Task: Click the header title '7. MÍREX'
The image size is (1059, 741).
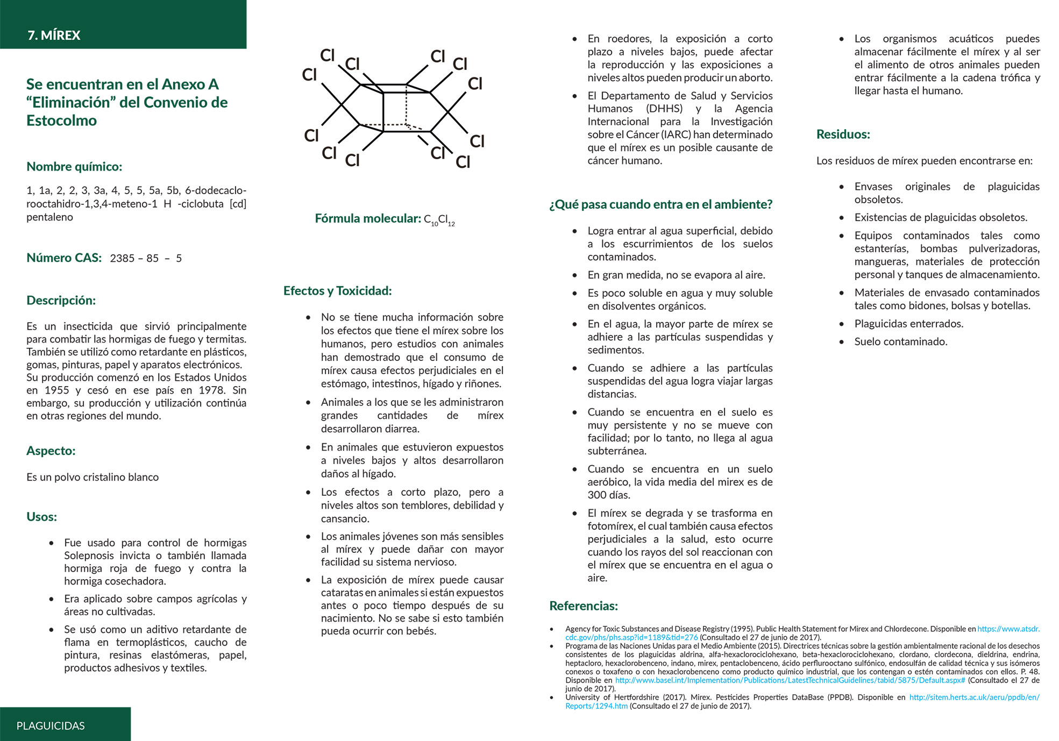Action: click(x=54, y=35)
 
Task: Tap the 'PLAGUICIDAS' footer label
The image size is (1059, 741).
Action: click(x=51, y=726)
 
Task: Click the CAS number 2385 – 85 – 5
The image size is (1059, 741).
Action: click(x=146, y=259)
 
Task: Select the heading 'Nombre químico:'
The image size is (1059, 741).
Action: click(x=74, y=167)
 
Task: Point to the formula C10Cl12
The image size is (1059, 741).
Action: click(x=439, y=219)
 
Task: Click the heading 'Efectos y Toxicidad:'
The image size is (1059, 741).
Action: click(x=337, y=291)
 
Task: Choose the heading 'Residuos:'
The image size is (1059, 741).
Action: click(x=843, y=134)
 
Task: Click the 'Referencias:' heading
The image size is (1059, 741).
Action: click(x=583, y=606)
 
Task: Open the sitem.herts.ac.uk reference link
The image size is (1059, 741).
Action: click(x=973, y=697)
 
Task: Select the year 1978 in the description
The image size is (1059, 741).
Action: click(x=211, y=390)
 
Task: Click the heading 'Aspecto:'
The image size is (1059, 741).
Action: click(x=51, y=451)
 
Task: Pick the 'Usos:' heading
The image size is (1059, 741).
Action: click(x=41, y=517)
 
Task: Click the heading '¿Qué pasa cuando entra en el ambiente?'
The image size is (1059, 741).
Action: click(x=660, y=204)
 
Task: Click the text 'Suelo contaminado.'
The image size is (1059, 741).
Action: click(x=900, y=341)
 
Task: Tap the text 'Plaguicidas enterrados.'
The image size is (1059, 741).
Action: click(x=908, y=324)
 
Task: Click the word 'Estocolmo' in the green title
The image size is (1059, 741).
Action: click(x=61, y=120)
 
